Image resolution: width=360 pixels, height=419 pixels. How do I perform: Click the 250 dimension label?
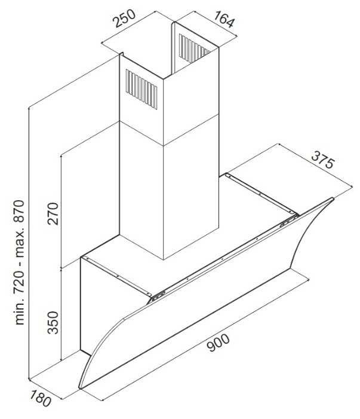[x=125, y=19]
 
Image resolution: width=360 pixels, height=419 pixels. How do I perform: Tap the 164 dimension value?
[x=224, y=19]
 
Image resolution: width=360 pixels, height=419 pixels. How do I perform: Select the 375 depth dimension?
[x=323, y=160]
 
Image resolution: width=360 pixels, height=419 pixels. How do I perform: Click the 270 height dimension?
[x=53, y=213]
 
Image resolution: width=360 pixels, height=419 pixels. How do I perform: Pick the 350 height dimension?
[x=53, y=323]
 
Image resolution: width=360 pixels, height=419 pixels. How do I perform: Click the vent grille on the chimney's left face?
[x=141, y=89]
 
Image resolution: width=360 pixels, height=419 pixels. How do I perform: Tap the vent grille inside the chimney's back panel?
[x=194, y=48]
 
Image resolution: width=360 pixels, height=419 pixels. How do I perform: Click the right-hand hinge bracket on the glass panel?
[x=289, y=221]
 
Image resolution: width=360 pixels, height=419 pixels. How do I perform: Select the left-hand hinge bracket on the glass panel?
[x=156, y=296]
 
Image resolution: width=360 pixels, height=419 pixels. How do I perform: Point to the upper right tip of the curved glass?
[x=333, y=198]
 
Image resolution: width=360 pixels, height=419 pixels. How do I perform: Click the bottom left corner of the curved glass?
[x=79, y=388]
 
